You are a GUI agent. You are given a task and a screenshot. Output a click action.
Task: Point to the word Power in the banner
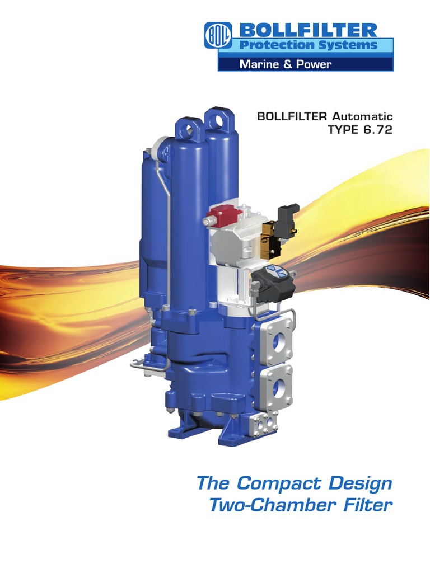coord(312,64)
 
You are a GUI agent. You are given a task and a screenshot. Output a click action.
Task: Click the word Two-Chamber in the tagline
coord(265,505)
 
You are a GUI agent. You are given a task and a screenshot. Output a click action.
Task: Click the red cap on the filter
coord(221,213)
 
